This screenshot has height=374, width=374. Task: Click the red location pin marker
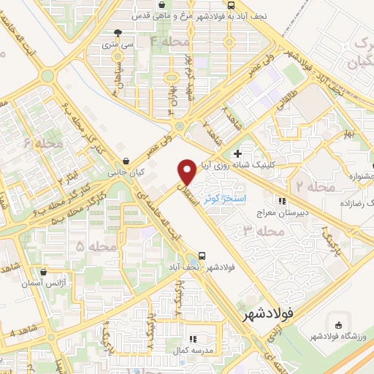[x=188, y=171]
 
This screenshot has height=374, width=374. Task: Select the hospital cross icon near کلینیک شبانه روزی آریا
[x=237, y=153]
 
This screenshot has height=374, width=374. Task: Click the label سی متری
[x=118, y=45]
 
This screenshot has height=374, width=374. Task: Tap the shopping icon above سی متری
[x=118, y=32]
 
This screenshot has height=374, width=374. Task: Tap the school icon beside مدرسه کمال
[x=194, y=339]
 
